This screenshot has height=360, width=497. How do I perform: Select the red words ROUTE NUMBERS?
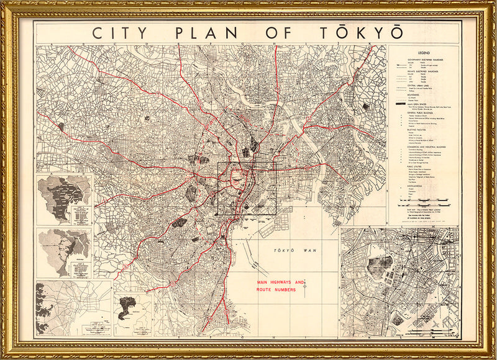click(278, 290)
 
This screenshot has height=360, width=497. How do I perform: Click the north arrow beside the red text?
click(305, 284)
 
